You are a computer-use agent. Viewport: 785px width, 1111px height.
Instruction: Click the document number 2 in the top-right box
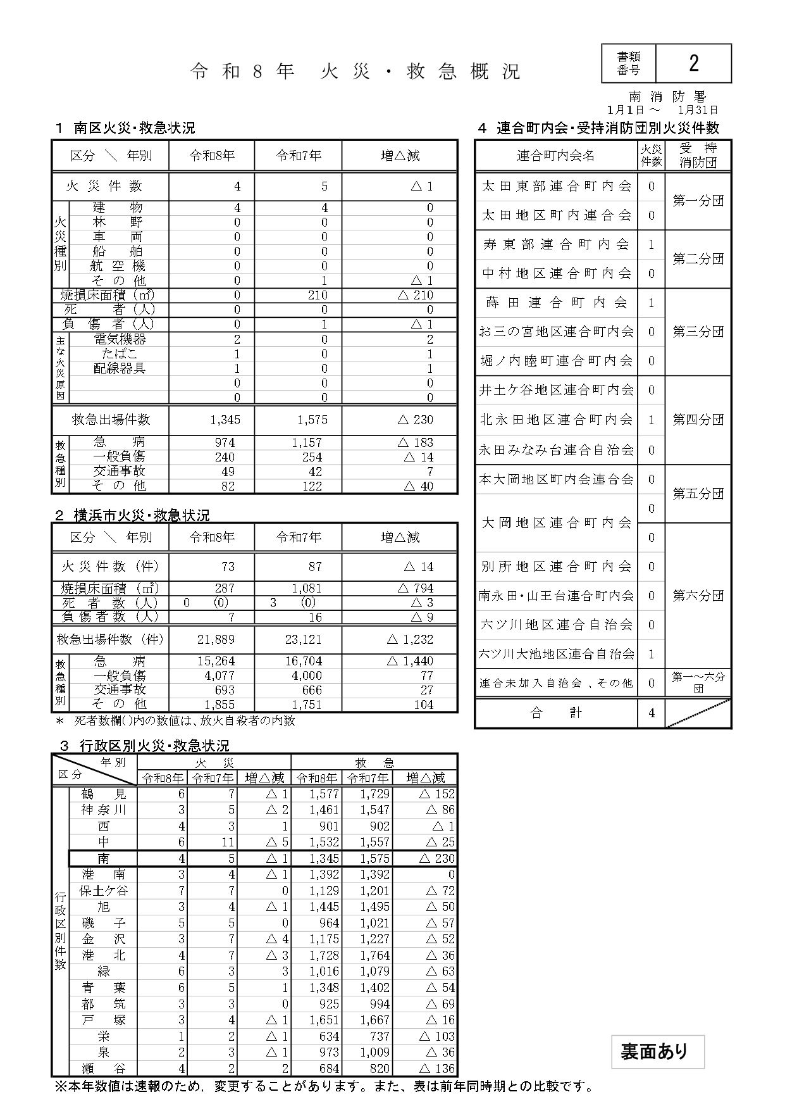693,63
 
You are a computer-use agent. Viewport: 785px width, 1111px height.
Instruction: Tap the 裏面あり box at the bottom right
657,1051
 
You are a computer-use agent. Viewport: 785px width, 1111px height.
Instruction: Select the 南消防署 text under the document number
667,96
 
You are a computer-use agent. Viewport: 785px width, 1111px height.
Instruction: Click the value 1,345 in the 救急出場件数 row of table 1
225,420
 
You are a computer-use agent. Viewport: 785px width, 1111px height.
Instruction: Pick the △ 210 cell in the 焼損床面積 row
415,295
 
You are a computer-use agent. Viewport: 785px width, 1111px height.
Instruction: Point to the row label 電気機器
120,339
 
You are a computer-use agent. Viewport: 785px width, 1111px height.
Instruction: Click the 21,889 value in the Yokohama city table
216,640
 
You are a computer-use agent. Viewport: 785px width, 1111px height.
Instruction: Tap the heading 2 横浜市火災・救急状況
132,515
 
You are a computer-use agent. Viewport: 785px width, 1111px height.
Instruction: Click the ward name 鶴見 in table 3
104,794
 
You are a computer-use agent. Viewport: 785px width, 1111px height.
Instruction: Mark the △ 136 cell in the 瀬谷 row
436,1069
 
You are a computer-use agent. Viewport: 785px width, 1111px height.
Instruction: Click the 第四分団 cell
698,420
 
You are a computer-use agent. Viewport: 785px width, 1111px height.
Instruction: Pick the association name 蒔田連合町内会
556,303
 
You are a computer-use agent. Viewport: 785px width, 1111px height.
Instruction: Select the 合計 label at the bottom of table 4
556,713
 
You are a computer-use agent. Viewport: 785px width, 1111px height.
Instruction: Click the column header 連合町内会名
556,156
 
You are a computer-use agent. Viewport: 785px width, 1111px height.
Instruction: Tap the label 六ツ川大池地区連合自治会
556,654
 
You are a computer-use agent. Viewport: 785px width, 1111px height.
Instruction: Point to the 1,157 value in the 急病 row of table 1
307,443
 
